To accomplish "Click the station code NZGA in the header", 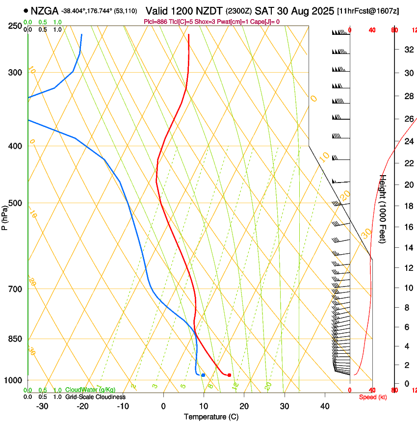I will pyautogui.click(x=44, y=10).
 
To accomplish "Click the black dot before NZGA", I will pyautogui.click(x=25, y=10).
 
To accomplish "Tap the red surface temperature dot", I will pyautogui.click(x=229, y=375).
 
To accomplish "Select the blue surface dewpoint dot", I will pyautogui.click(x=203, y=375).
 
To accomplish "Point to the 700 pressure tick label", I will pyautogui.click(x=15, y=289).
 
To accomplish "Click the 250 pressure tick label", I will pyautogui.click(x=15, y=26).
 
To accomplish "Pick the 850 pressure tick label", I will pyautogui.click(x=15, y=339).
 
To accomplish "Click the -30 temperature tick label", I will pyautogui.click(x=42, y=406).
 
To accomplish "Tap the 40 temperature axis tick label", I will pyautogui.click(x=324, y=406).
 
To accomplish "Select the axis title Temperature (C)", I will pyautogui.click(x=211, y=417).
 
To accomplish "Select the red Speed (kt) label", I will pyautogui.click(x=373, y=397).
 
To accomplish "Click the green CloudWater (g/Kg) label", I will pyautogui.click(x=90, y=390).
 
